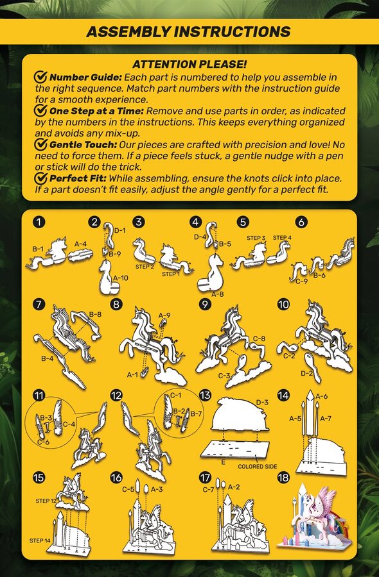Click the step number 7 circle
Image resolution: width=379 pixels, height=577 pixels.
pyautogui.click(x=39, y=305)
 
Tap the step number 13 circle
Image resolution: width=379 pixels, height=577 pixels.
pyautogui.click(x=205, y=395)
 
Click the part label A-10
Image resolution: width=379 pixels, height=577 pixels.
pyautogui.click(x=121, y=278)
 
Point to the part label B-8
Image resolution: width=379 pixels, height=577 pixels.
pyautogui.click(x=95, y=314)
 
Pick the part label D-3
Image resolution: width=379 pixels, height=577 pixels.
pyautogui.click(x=262, y=402)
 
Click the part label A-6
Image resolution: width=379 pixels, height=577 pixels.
pyautogui.click(x=321, y=396)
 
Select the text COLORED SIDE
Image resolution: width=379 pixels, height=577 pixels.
pyautogui.click(x=258, y=467)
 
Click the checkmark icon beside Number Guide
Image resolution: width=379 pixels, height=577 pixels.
pyautogui.click(x=40, y=78)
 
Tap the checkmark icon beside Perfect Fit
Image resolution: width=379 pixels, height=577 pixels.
pyautogui.click(x=40, y=178)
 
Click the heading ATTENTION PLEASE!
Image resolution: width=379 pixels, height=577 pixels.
pyautogui.click(x=189, y=64)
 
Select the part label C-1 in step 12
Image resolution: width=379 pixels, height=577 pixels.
pyautogui.click(x=176, y=396)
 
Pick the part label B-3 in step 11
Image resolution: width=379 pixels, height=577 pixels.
pyautogui.click(x=46, y=417)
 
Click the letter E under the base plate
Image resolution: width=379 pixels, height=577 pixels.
pyautogui.click(x=223, y=462)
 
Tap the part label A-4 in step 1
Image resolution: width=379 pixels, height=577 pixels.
pyautogui.click(x=81, y=244)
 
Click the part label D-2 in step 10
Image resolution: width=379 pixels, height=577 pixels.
pyautogui.click(x=307, y=374)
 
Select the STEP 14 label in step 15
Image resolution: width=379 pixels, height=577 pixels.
pyautogui.click(x=40, y=540)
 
